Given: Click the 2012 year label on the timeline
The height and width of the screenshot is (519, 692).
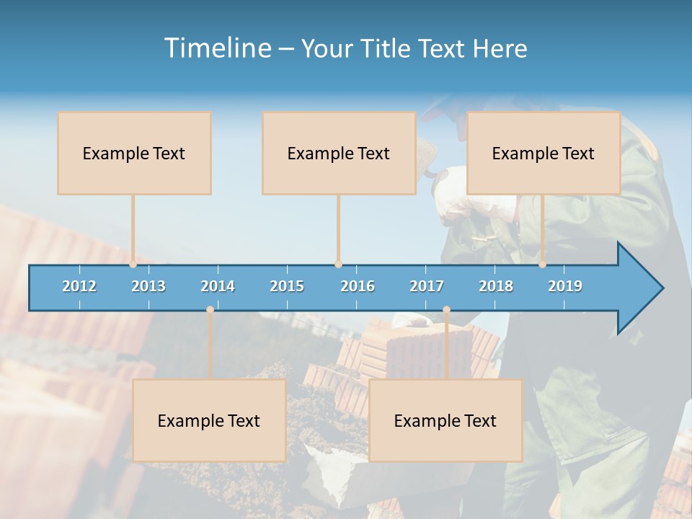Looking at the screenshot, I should pos(79,286).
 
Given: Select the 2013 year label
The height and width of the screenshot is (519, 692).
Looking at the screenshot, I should pos(148,286).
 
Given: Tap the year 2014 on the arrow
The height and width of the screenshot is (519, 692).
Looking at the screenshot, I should pos(218,286).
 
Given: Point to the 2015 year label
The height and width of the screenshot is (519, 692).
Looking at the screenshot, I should pos(287,286).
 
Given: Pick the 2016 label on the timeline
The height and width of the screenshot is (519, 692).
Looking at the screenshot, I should pos(358,286).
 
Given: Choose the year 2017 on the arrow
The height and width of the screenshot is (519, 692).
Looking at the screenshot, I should pos(427,286).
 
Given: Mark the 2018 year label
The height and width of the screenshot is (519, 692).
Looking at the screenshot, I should pos(496,286).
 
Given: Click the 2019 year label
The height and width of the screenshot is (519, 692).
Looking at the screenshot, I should pos(565,286).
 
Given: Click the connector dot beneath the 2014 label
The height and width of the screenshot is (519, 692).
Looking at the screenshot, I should pos(210,310).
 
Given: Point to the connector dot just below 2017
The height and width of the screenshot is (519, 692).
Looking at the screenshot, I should pos(446,310).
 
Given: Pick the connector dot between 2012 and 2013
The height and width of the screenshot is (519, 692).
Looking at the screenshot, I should pos(133,264).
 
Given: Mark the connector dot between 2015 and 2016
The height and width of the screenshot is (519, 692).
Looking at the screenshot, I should pos(338,264).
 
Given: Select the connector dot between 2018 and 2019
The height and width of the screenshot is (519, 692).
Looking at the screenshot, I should pos(542,264).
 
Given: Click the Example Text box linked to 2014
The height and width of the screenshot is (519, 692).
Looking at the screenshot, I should pos(209,420).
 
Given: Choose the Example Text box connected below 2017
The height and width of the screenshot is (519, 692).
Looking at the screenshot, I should pos(445,420).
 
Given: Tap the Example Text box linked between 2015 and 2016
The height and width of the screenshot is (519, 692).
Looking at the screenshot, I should pos(339,153).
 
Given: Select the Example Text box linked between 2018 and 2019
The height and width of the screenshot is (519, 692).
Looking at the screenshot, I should pos(544,153).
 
